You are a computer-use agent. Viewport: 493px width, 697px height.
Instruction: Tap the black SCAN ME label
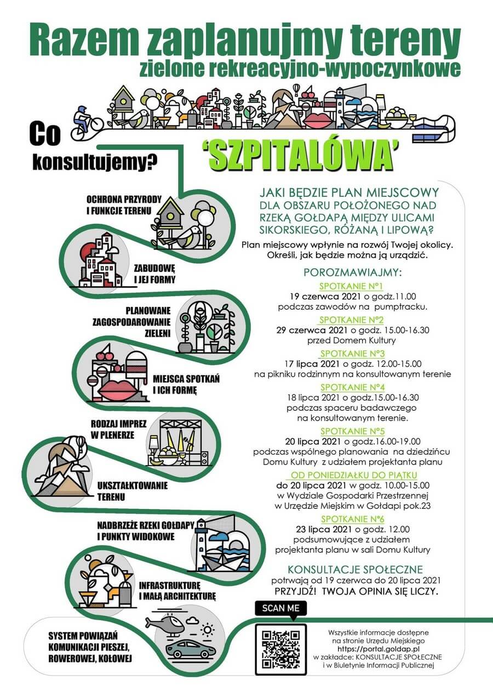281,608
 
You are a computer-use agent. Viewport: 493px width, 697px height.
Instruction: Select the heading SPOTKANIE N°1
351,286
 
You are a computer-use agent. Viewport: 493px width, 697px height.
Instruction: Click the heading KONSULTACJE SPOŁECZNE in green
355,569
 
